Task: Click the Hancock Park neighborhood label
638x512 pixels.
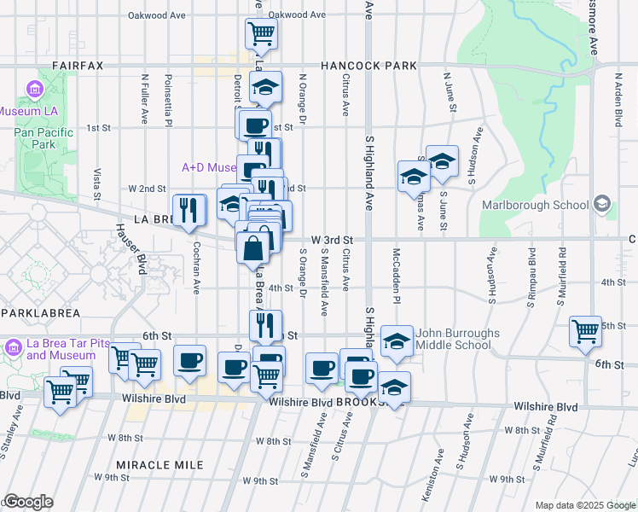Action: coord(368,66)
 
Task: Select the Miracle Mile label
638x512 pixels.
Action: coord(161,465)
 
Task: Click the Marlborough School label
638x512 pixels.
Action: coord(535,205)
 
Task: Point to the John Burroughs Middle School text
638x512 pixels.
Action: coord(453,339)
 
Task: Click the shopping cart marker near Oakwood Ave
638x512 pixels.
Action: coord(262,34)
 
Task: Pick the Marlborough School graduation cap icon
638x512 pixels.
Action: coord(602,203)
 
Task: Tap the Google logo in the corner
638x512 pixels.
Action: coord(28,502)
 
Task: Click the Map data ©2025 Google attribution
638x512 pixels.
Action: coord(584,506)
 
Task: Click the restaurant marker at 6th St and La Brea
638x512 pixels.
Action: coord(265,325)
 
